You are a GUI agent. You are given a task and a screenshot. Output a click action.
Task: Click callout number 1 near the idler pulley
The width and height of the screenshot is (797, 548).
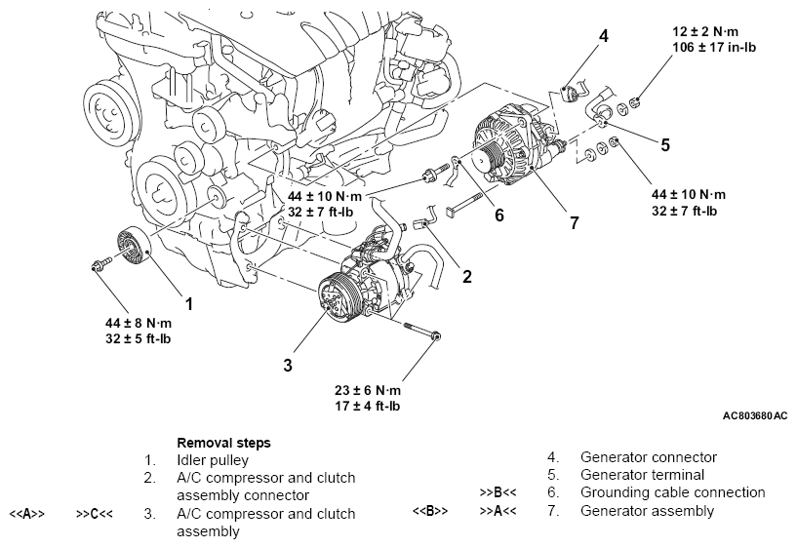point(188,303)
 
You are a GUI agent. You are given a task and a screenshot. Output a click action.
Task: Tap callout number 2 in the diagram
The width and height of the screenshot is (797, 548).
point(466,276)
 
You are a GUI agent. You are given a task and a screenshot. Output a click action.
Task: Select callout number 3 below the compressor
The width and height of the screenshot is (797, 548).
point(288,365)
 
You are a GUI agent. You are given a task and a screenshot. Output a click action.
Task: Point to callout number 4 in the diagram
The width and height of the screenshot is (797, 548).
point(604,37)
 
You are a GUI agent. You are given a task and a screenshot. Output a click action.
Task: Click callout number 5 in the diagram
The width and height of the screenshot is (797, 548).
point(664,145)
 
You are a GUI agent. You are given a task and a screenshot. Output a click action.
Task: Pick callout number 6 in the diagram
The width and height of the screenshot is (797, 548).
point(498,214)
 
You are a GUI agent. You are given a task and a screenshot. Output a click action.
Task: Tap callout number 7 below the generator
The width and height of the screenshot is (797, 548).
point(574,222)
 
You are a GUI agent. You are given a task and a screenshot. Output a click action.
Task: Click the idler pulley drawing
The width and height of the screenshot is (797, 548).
point(131,248)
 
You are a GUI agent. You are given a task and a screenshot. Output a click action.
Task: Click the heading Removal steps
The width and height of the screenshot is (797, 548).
point(223,442)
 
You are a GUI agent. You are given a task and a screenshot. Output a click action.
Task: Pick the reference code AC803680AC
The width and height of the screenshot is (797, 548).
point(755,415)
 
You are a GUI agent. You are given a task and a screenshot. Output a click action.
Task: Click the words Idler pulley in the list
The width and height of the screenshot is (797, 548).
point(213,459)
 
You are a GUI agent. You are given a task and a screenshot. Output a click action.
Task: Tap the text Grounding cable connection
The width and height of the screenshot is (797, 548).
point(672,492)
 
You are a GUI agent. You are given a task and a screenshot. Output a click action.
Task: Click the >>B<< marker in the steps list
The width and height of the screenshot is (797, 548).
point(498,492)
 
